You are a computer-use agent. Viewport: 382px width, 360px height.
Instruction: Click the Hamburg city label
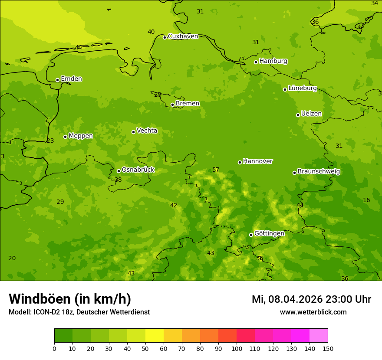click(x=273, y=61)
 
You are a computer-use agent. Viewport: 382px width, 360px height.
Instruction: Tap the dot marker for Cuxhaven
click(x=165, y=37)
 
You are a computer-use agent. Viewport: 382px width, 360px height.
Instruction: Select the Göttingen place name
click(x=269, y=233)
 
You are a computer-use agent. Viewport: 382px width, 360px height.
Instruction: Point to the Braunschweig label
click(x=319, y=171)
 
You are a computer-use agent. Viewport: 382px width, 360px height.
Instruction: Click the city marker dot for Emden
click(x=57, y=80)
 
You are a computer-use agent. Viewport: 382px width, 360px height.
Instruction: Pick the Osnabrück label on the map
click(x=138, y=170)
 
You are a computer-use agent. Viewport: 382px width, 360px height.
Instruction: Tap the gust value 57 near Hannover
click(x=216, y=170)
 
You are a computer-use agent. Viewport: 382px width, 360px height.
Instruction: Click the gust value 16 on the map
click(x=366, y=200)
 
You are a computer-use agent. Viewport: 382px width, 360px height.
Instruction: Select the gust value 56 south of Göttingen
click(x=260, y=258)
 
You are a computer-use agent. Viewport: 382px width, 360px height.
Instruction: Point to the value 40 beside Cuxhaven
click(x=151, y=32)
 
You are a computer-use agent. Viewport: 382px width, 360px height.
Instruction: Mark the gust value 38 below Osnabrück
click(x=118, y=180)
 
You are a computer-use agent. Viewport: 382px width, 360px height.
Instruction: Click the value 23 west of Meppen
click(x=50, y=141)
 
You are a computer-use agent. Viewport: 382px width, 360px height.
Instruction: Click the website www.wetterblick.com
click(x=313, y=312)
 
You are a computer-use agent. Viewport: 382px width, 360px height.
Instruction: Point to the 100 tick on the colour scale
click(x=237, y=348)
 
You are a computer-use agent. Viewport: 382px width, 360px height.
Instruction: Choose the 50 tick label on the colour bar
click(x=145, y=348)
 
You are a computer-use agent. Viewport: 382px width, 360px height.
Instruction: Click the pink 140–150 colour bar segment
click(x=319, y=335)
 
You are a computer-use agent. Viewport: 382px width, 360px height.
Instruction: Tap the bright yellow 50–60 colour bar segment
click(x=155, y=335)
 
